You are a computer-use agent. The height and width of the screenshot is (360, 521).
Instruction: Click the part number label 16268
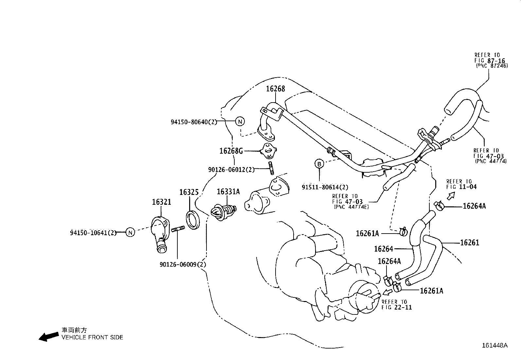275,89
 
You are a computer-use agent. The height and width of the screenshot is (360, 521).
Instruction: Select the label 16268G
231,151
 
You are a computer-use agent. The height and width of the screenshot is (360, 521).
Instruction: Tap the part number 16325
189,192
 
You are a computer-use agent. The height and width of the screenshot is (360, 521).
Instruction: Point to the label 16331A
228,192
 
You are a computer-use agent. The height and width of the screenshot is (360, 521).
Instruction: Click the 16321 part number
161,202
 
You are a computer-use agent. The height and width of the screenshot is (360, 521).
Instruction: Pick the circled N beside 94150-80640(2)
240,122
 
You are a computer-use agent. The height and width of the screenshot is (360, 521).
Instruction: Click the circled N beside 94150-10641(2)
130,233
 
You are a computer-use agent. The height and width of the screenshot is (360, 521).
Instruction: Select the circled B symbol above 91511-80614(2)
319,163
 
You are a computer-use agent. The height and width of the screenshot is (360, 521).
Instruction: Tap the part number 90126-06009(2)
183,264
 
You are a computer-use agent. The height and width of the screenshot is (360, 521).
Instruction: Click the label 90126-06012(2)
231,170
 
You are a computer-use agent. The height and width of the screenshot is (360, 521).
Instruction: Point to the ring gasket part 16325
193,220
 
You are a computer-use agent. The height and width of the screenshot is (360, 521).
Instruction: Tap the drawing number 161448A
494,345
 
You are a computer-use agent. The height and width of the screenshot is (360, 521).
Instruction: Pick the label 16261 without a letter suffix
469,243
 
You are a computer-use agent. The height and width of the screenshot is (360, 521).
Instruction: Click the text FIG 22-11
397,308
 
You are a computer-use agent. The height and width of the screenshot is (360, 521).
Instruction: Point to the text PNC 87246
492,66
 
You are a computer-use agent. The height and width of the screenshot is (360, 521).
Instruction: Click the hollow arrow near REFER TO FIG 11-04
451,196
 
